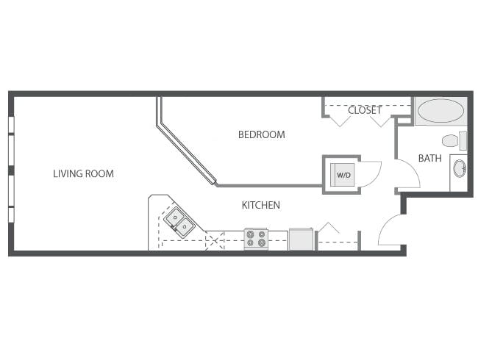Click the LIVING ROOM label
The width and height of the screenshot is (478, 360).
point(83,174)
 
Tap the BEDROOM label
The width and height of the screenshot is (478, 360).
point(261,135)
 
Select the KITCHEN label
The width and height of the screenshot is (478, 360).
point(261,206)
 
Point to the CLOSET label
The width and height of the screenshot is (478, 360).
point(365,111)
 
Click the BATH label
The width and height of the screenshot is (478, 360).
point(429,158)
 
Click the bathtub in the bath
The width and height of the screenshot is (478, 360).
point(440,112)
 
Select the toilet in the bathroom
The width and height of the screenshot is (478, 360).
point(452,140)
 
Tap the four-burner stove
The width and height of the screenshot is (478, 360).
point(256,239)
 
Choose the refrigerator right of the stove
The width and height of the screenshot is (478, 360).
point(302,240)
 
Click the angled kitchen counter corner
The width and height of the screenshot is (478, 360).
point(158,205)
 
